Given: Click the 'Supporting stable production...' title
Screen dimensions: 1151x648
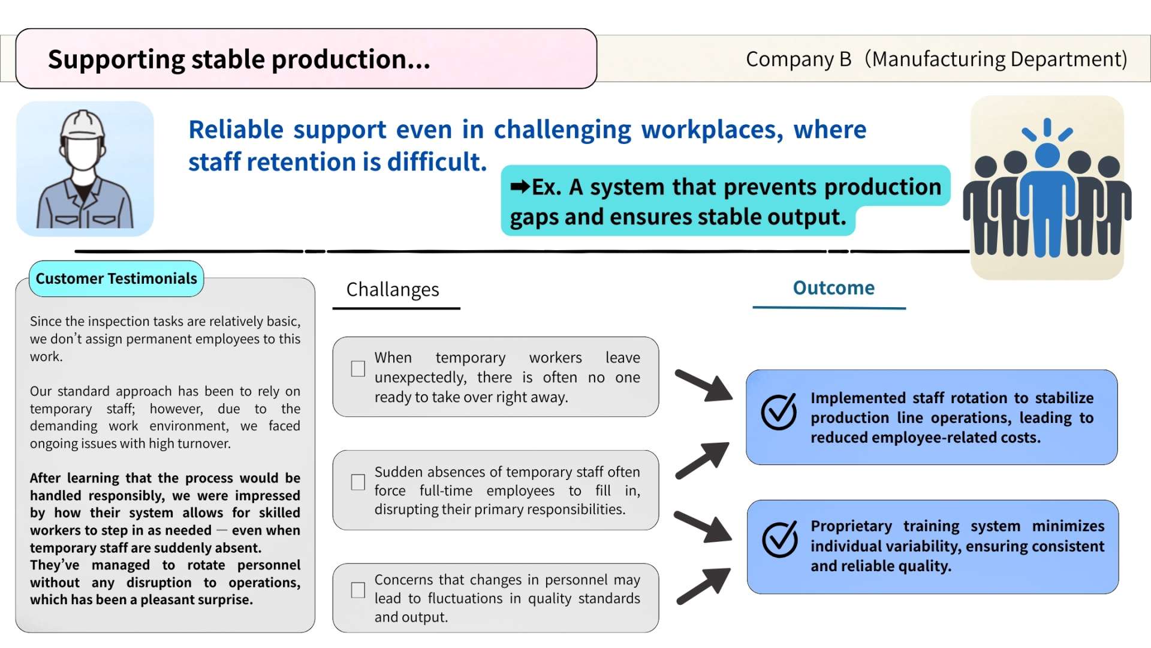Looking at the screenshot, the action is click(x=239, y=59).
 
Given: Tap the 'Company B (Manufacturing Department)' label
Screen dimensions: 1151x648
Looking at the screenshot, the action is click(x=936, y=59).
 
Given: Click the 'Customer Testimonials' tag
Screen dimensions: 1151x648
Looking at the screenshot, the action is click(x=116, y=278).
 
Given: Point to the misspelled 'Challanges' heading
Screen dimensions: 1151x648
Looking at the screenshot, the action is click(x=393, y=289).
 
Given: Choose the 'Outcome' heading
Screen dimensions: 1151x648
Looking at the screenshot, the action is click(x=834, y=287).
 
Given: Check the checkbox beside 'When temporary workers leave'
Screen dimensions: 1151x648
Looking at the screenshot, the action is click(x=358, y=368).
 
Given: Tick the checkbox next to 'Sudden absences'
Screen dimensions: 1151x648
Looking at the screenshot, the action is click(x=358, y=482).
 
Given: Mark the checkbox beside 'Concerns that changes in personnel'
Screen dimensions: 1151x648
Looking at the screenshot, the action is click(x=358, y=590).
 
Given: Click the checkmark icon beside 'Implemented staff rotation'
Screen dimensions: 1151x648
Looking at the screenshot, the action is click(x=779, y=412).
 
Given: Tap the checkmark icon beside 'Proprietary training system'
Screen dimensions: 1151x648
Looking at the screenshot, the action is click(x=779, y=539).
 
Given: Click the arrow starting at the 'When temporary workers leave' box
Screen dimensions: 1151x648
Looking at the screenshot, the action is click(x=704, y=386).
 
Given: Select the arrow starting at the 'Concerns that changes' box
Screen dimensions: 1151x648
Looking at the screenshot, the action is click(x=704, y=586).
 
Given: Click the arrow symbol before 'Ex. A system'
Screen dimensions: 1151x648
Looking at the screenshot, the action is click(x=520, y=187).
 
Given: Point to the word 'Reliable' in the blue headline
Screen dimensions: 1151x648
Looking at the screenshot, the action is click(x=236, y=130).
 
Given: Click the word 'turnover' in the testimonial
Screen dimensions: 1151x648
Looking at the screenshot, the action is click(x=206, y=443).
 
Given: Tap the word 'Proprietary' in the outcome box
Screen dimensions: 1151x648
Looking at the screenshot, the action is click(x=851, y=526).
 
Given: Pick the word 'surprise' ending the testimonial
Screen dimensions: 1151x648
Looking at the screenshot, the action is click(x=224, y=600).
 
